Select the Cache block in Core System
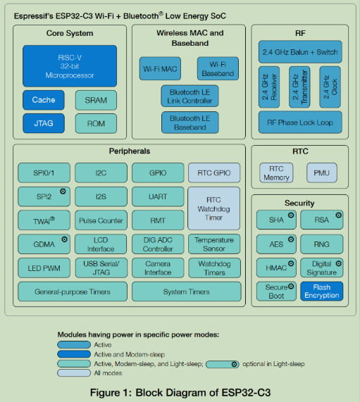click(x=44, y=100)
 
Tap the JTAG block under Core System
click(x=44, y=123)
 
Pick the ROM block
click(x=96, y=123)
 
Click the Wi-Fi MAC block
click(x=160, y=68)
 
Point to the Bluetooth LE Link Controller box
click(x=189, y=96)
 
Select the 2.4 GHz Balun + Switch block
click(x=299, y=52)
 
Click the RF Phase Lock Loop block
click(x=299, y=122)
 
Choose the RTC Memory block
click(x=276, y=173)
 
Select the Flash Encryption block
click(x=321, y=291)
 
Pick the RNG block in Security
click(x=321, y=244)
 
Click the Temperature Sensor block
click(x=214, y=244)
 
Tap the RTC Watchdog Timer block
click(x=214, y=208)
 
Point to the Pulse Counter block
click(x=101, y=220)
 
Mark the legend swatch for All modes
click(x=74, y=372)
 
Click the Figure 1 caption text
click(x=180, y=392)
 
